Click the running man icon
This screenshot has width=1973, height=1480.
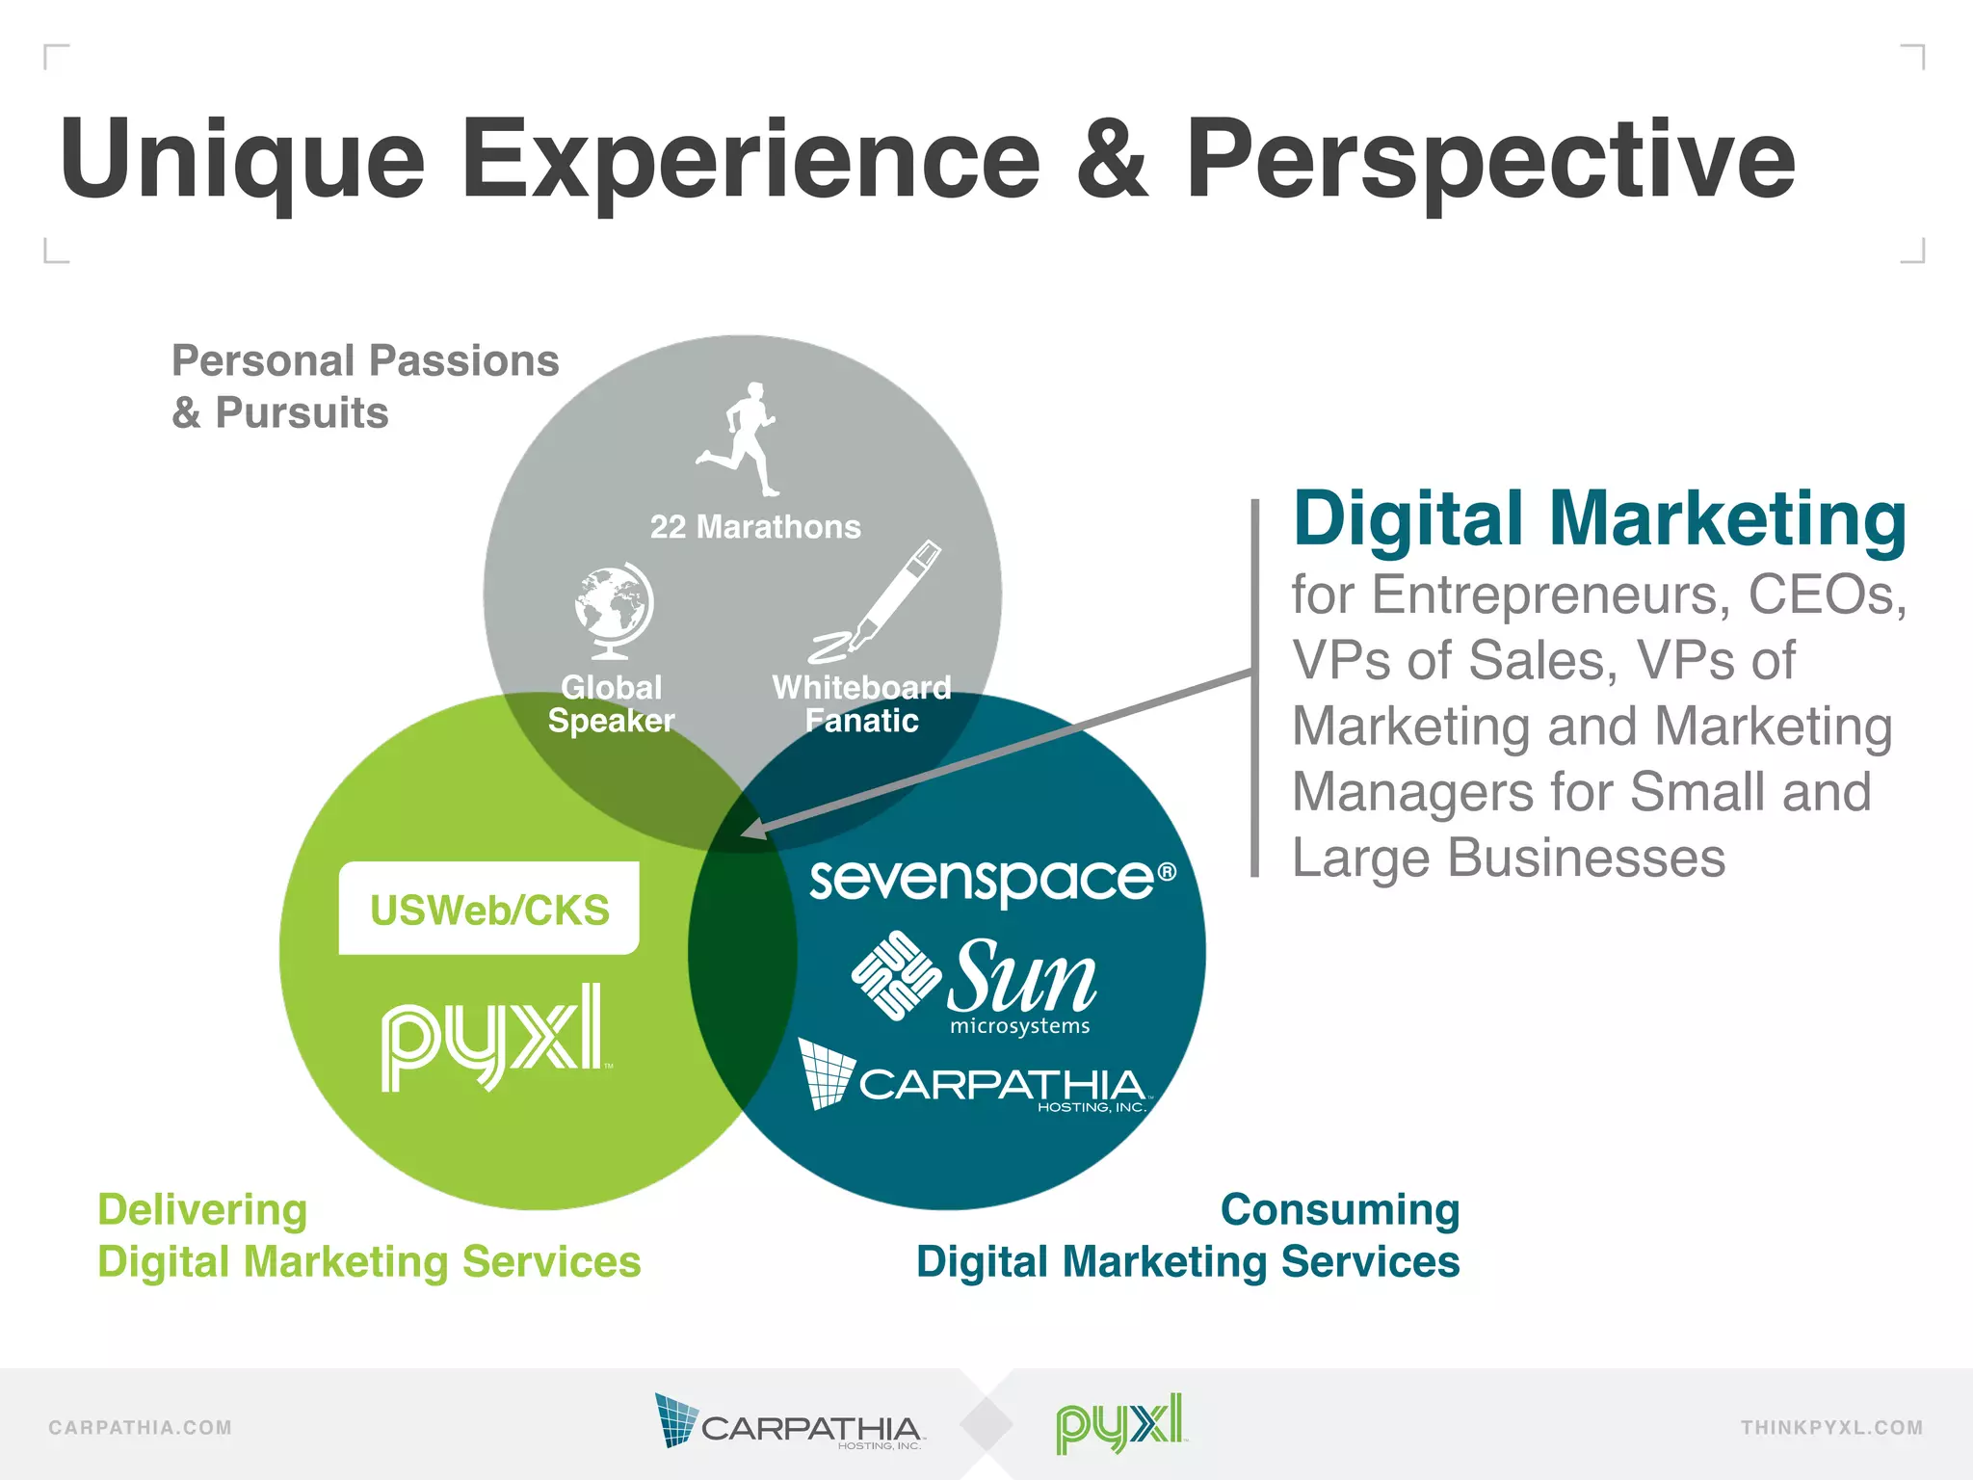[x=739, y=439]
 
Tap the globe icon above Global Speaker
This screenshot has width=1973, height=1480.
[x=613, y=610]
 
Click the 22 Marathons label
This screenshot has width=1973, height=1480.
[x=755, y=527]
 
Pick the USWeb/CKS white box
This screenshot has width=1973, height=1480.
[x=489, y=909]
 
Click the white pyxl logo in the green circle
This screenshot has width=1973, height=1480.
[x=493, y=1037]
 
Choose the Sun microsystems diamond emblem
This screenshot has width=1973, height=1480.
[x=896, y=974]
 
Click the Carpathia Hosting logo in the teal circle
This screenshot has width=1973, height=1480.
[x=973, y=1077]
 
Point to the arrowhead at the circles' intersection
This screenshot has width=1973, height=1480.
[x=753, y=829]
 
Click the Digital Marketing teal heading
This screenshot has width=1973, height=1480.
[x=1599, y=519]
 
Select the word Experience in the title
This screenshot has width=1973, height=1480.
[x=751, y=160]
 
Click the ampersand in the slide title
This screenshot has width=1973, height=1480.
[x=1112, y=160]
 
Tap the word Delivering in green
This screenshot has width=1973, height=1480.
[x=202, y=1209]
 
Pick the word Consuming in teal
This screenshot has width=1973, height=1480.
[x=1340, y=1209]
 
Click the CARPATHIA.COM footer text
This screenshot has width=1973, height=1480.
[x=141, y=1427]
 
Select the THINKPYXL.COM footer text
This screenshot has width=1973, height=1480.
[x=1831, y=1427]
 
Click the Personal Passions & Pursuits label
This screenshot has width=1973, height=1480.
[x=364, y=386]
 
